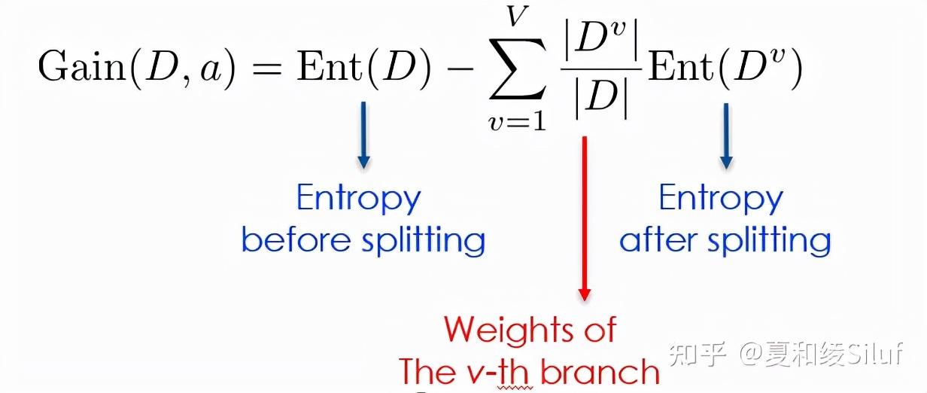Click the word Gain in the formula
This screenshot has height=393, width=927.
click(78, 69)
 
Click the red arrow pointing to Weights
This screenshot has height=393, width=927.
click(584, 218)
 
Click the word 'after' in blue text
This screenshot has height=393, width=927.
click(655, 240)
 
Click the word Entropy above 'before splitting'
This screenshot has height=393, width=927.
click(358, 199)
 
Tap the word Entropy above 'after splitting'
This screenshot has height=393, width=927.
click(721, 199)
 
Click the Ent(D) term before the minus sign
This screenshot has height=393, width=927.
click(364, 69)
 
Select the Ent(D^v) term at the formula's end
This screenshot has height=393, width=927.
click(725, 69)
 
